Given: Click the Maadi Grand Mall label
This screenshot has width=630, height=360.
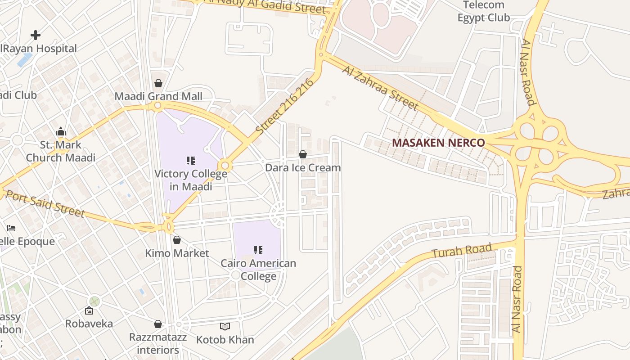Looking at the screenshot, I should pyautogui.click(x=158, y=96).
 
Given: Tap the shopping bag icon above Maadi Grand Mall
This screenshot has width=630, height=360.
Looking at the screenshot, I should pyautogui.click(x=158, y=83).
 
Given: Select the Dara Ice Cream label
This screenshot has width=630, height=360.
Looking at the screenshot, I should pyautogui.click(x=303, y=168).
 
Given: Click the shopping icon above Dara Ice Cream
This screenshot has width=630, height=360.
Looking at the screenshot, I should pyautogui.click(x=303, y=155).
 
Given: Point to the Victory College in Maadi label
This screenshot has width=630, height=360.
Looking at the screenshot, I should pyautogui.click(x=191, y=180).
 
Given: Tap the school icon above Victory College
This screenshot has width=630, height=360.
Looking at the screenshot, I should pyautogui.click(x=191, y=161).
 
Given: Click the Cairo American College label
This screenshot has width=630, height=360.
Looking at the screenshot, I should pyautogui.click(x=258, y=270).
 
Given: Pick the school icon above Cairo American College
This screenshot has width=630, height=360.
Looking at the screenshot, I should pyautogui.click(x=258, y=250).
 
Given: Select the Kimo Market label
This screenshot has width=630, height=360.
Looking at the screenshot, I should pyautogui.click(x=177, y=253).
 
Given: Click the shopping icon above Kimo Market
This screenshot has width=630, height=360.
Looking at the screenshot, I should pyautogui.click(x=177, y=240).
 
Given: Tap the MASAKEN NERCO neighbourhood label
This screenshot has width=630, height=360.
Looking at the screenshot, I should pyautogui.click(x=438, y=143).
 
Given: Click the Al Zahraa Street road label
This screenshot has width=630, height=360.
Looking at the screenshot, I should pyautogui.click(x=380, y=88).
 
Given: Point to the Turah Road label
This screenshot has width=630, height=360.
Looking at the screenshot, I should pyautogui.click(x=462, y=251).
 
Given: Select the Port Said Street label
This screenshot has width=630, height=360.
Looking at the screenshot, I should pyautogui.click(x=45, y=204).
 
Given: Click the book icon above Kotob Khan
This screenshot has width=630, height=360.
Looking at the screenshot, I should pyautogui.click(x=225, y=327).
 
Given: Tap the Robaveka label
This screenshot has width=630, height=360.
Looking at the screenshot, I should pyautogui.click(x=89, y=324).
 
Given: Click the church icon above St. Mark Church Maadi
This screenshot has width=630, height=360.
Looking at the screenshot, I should pyautogui.click(x=61, y=132).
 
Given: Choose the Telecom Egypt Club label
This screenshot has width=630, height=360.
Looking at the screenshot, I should pyautogui.click(x=484, y=12).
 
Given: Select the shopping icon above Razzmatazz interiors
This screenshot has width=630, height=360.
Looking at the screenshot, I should pyautogui.click(x=158, y=324).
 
